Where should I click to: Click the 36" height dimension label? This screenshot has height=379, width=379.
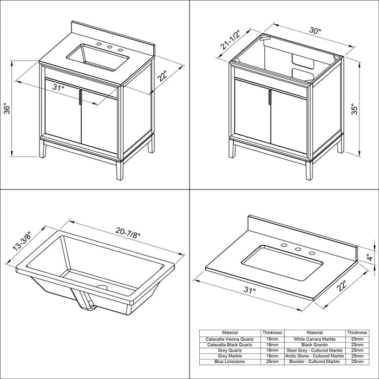pos(8,109)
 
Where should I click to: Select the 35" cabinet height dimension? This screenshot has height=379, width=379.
pos(354,109)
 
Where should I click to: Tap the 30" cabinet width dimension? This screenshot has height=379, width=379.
pos(315,31)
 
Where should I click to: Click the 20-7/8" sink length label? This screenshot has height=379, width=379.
pos(128,233)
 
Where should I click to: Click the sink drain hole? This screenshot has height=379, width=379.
pos(102,287)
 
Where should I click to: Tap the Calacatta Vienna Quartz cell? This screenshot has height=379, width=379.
pos(230,339)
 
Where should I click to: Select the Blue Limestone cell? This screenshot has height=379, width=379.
pos(230,362)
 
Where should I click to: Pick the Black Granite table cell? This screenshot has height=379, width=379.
pos(315,345)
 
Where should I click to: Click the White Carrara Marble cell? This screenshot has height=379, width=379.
pos(315,339)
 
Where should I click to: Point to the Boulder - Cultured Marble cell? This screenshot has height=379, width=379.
pos(315,362)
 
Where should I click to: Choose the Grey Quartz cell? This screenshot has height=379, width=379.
pos(230,350)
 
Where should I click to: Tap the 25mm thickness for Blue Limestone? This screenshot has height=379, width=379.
pos(272,362)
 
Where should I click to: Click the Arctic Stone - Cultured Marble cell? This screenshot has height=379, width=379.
pos(315,356)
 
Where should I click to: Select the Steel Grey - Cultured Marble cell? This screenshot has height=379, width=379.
pos(315,350)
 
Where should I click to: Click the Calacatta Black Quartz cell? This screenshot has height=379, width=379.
pos(230,345)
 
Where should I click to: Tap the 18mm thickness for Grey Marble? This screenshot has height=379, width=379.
pos(272,356)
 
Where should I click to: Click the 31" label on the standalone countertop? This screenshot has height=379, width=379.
pos(250,289)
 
